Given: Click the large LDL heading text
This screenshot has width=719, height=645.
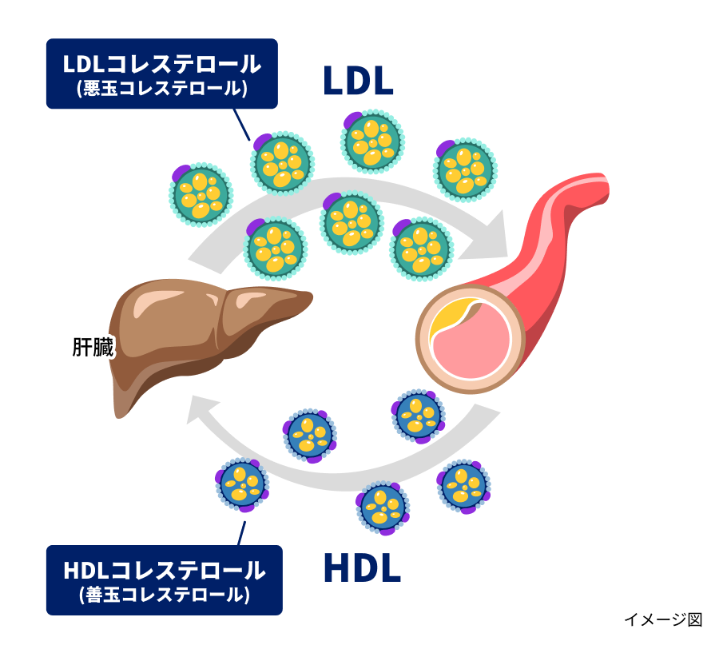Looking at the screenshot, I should (359, 81).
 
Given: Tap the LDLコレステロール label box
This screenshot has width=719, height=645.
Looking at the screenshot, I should (162, 74).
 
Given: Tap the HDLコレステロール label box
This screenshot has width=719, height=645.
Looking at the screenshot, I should (164, 580).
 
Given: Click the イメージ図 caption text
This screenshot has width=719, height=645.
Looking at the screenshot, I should (662, 619).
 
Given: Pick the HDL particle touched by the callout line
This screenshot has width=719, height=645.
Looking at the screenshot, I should (242, 484).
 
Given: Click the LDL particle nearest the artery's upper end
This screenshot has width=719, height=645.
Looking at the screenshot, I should (465, 169).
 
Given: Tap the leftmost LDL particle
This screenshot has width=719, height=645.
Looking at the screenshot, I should (201, 194).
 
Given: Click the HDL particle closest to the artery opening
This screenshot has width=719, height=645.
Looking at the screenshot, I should (418, 416).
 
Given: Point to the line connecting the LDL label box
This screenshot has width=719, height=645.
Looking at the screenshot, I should (240, 123).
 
